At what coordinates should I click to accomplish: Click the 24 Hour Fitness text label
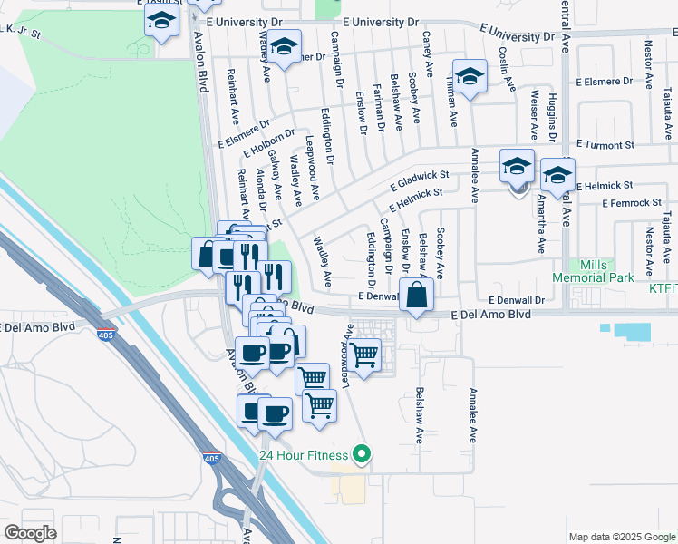click(304, 454)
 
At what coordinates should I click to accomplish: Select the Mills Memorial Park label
click(596, 271)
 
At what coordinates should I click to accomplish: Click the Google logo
click(31, 533)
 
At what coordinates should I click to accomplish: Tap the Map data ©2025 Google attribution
click(621, 537)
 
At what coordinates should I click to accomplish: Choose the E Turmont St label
click(606, 145)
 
